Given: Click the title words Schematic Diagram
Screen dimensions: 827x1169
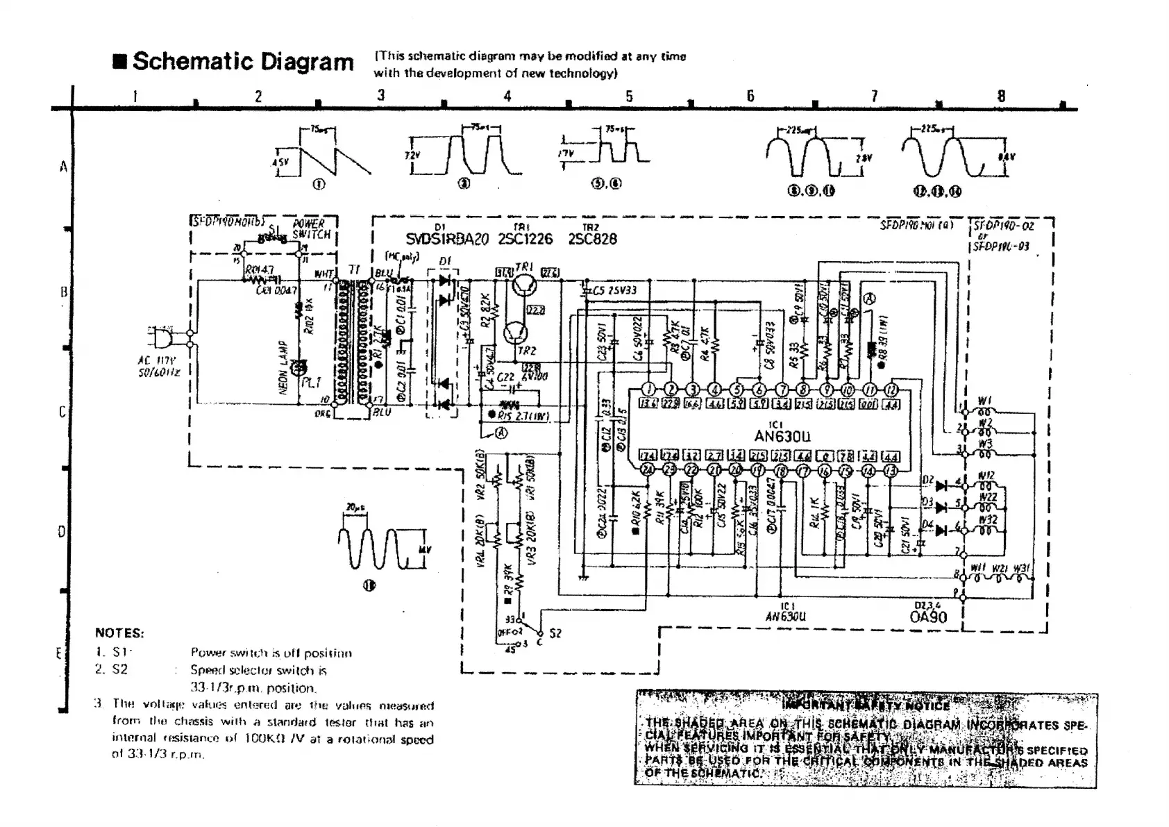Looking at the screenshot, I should tap(243, 62).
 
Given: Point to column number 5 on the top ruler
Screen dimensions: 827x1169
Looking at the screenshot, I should tap(629, 97).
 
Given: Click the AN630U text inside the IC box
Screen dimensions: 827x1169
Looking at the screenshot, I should tap(782, 436).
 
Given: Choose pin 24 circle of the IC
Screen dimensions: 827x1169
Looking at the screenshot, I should tap(648, 469).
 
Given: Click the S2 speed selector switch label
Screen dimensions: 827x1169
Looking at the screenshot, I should tap(555, 633).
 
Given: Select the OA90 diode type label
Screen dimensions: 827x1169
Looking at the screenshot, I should tap(927, 617).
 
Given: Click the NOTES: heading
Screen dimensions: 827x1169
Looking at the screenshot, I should tap(119, 633).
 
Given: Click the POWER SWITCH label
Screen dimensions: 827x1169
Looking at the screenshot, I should tap(308, 229).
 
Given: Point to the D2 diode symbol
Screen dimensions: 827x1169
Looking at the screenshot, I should tap(941, 485).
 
